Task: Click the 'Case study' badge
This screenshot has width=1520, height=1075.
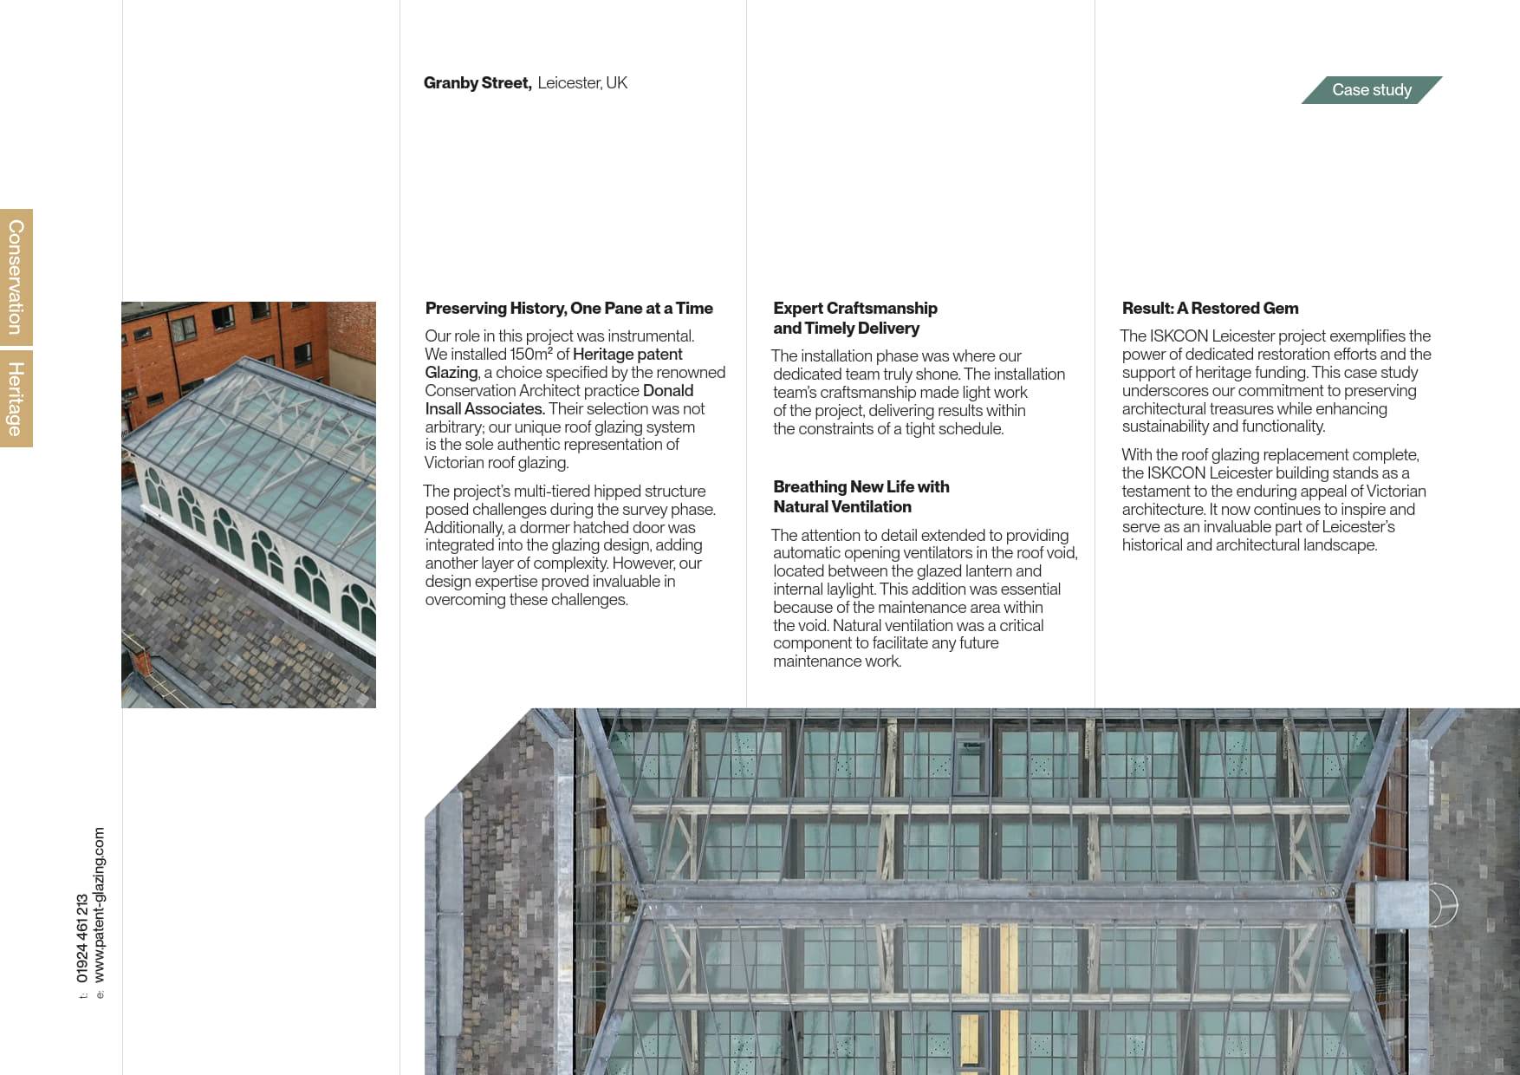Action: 1371,90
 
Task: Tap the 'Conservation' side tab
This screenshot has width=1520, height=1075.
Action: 16,277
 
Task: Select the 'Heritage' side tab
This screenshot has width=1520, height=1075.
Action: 16,399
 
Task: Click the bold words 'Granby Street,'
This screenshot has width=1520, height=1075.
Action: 477,83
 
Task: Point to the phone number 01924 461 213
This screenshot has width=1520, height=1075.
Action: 82,938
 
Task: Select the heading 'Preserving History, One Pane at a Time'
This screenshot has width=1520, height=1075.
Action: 568,309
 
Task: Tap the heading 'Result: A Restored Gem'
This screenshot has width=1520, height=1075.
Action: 1210,309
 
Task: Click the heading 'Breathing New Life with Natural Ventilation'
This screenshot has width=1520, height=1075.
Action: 861,497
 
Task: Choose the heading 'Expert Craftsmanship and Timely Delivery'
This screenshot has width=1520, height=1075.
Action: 854,318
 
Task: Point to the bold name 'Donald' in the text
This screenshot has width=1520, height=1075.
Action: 668,391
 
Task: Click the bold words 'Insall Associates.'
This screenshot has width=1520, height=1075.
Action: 484,409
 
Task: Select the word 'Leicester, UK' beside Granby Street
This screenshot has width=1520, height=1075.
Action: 582,83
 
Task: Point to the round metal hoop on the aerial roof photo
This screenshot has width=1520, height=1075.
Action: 1442,905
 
